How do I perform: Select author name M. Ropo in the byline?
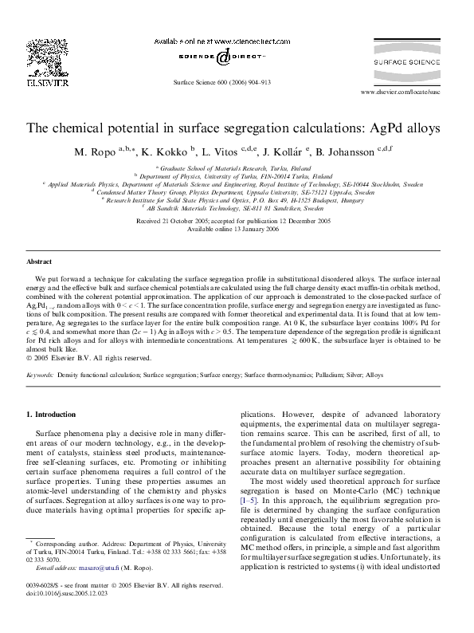[x=95, y=151]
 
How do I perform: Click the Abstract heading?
[x=39, y=261]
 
